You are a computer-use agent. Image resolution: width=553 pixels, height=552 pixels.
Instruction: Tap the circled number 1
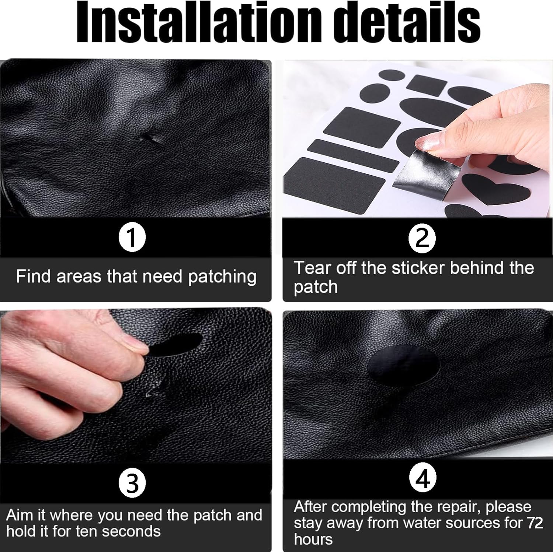pos(132,238)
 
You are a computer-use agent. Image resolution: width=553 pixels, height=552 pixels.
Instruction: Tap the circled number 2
pos(422,239)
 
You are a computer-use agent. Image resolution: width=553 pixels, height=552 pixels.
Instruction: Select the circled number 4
pos(423,478)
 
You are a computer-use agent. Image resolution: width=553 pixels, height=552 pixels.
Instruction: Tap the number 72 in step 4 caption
pos(535,523)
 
